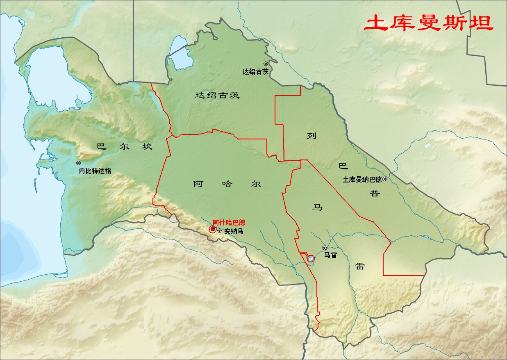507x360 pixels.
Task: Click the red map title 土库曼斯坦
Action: click(x=429, y=23)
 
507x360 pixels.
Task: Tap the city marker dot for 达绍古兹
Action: click(x=266, y=64)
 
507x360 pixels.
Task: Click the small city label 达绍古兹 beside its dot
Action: click(x=255, y=71)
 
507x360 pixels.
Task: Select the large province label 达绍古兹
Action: click(x=217, y=96)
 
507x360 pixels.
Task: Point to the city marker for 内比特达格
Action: click(x=78, y=163)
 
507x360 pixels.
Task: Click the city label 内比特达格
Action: click(x=95, y=171)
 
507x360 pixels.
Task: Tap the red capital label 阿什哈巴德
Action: click(x=229, y=222)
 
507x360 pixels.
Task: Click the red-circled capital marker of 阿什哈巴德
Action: click(x=212, y=229)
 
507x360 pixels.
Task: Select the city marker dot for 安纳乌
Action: click(x=220, y=230)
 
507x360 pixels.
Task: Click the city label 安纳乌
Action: click(x=234, y=231)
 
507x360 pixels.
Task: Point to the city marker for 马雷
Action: click(x=324, y=248)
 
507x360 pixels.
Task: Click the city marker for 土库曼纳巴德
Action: click(x=384, y=179)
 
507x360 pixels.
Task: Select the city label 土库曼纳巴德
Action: click(x=362, y=180)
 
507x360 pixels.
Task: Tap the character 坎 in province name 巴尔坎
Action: click(x=147, y=146)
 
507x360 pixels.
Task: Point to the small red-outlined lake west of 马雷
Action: click(x=311, y=259)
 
